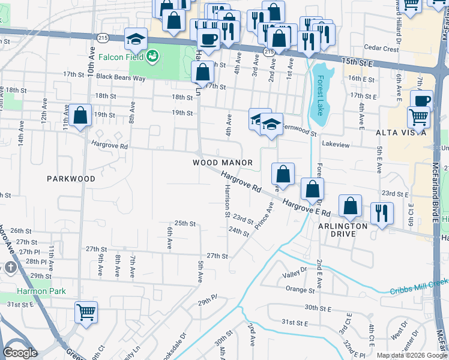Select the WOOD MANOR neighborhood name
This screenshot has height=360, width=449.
click(x=222, y=163)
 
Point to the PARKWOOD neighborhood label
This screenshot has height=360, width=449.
click(x=71, y=179)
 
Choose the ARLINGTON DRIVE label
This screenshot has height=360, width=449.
click(x=342, y=230)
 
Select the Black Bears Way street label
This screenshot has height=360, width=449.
click(x=121, y=77)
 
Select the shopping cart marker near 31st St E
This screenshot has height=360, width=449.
click(x=86, y=312)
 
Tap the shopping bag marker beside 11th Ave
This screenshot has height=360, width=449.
click(x=80, y=116)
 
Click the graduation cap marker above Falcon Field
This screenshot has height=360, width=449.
click(x=136, y=40)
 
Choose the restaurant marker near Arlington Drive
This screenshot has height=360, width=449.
click(x=382, y=213)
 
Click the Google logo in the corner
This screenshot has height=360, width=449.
click(x=20, y=353)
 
